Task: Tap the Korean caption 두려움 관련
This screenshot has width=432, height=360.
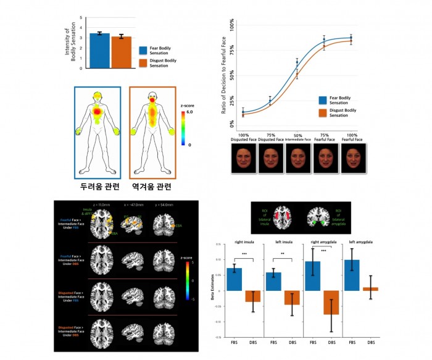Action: point(98,185)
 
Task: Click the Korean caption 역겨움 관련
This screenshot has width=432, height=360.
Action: point(151,185)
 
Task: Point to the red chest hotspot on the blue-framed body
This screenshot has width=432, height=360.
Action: point(98,111)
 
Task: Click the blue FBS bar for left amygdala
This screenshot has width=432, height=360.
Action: point(352,275)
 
